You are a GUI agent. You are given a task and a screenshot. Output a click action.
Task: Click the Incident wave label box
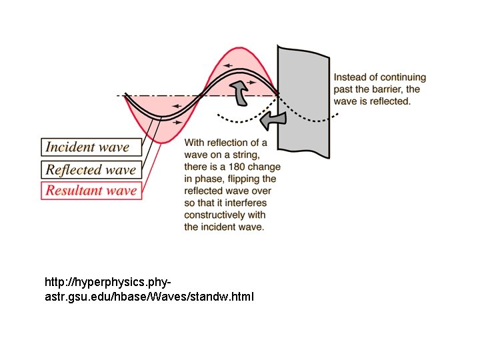[92, 147]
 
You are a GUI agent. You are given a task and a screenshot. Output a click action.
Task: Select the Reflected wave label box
[91, 169]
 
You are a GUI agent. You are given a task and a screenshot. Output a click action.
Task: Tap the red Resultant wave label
[91, 190]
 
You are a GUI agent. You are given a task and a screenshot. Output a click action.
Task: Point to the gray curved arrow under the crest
[238, 93]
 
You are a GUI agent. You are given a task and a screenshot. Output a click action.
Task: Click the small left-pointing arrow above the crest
[229, 65]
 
